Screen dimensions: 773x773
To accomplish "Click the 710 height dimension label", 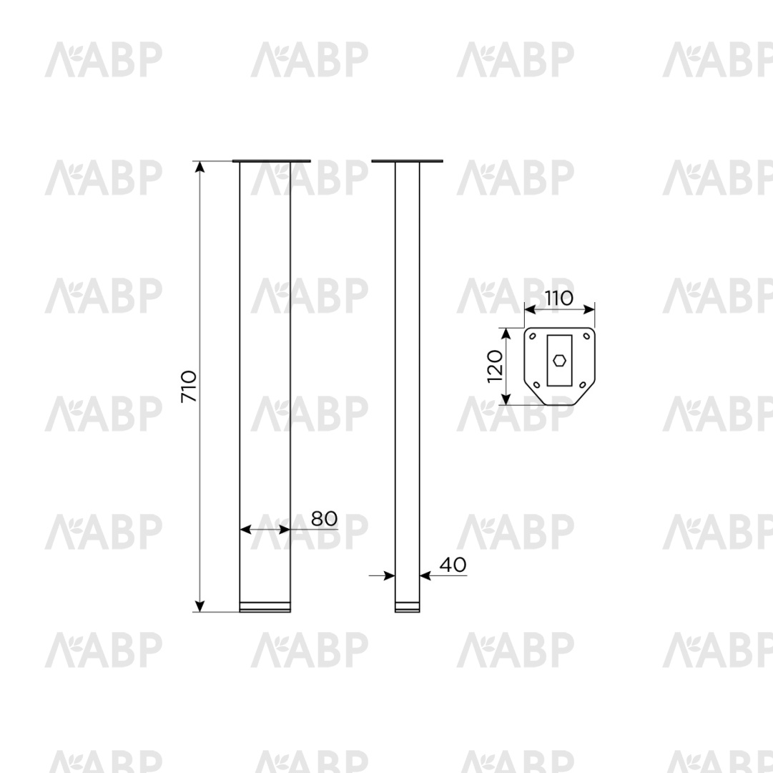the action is pyautogui.click(x=189, y=386).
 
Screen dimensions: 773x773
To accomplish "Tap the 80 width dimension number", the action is pyautogui.click(x=325, y=518).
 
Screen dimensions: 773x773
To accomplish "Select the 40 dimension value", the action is pyautogui.click(x=453, y=565).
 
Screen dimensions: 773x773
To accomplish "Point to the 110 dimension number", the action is pyautogui.click(x=559, y=298).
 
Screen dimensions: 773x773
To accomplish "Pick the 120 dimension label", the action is pyautogui.click(x=494, y=366).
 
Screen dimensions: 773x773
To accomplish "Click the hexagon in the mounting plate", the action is pyautogui.click(x=559, y=361).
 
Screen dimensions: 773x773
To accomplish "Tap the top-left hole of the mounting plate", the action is pyautogui.click(x=533, y=336).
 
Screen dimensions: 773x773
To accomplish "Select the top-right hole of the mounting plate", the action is pyautogui.click(x=586, y=336).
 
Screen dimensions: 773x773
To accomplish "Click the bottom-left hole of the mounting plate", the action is pyautogui.click(x=537, y=385).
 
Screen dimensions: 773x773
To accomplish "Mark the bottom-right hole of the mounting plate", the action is pyautogui.click(x=582, y=385).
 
